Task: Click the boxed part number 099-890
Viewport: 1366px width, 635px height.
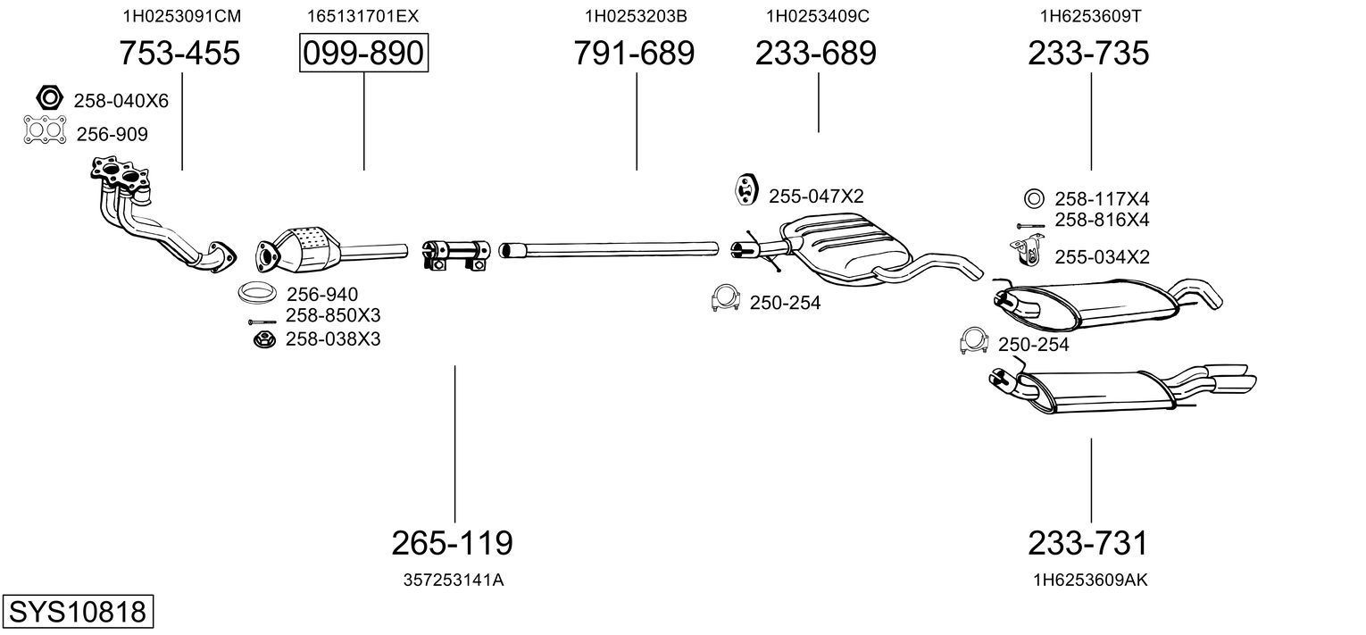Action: coord(363,53)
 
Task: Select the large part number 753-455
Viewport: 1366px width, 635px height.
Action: coord(179,53)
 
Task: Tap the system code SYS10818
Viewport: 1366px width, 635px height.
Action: coord(78,611)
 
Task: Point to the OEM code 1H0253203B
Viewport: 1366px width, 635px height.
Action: coord(636,16)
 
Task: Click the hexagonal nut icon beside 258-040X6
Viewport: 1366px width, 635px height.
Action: coord(49,97)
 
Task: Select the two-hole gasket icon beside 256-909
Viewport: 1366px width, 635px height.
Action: coord(45,130)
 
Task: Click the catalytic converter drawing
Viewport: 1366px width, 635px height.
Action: coord(329,250)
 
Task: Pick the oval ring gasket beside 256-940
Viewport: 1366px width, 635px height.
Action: coord(257,293)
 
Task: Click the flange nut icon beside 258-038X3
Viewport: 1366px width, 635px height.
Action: coord(264,339)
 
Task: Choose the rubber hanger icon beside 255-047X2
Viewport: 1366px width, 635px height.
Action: coord(746,189)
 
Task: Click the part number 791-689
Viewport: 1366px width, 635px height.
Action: coord(634,53)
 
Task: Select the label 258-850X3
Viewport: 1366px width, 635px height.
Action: coord(333,315)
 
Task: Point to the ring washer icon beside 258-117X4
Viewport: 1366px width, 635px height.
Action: coord(1034,199)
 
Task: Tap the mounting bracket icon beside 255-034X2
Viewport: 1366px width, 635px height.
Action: coord(1028,252)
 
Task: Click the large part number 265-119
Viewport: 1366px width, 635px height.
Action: coord(452,543)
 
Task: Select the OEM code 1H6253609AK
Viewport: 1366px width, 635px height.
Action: coord(1090,581)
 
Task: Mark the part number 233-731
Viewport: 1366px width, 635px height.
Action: coord(1088,543)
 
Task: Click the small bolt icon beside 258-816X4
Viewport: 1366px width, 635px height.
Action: coord(1030,226)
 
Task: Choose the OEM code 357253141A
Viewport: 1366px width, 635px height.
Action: coord(453,581)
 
